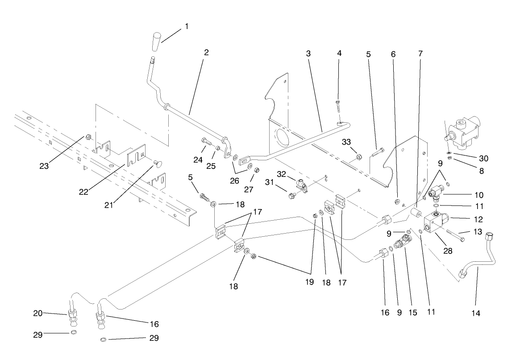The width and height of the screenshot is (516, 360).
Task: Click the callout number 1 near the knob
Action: (x=186, y=27)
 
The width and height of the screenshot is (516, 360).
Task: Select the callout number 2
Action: (x=206, y=52)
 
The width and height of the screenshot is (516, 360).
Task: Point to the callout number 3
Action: (x=308, y=53)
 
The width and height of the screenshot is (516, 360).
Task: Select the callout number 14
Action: (x=475, y=313)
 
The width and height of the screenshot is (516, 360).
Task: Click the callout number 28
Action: (x=447, y=251)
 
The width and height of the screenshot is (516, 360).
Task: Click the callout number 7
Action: (x=420, y=53)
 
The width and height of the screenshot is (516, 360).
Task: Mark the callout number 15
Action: (x=413, y=313)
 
